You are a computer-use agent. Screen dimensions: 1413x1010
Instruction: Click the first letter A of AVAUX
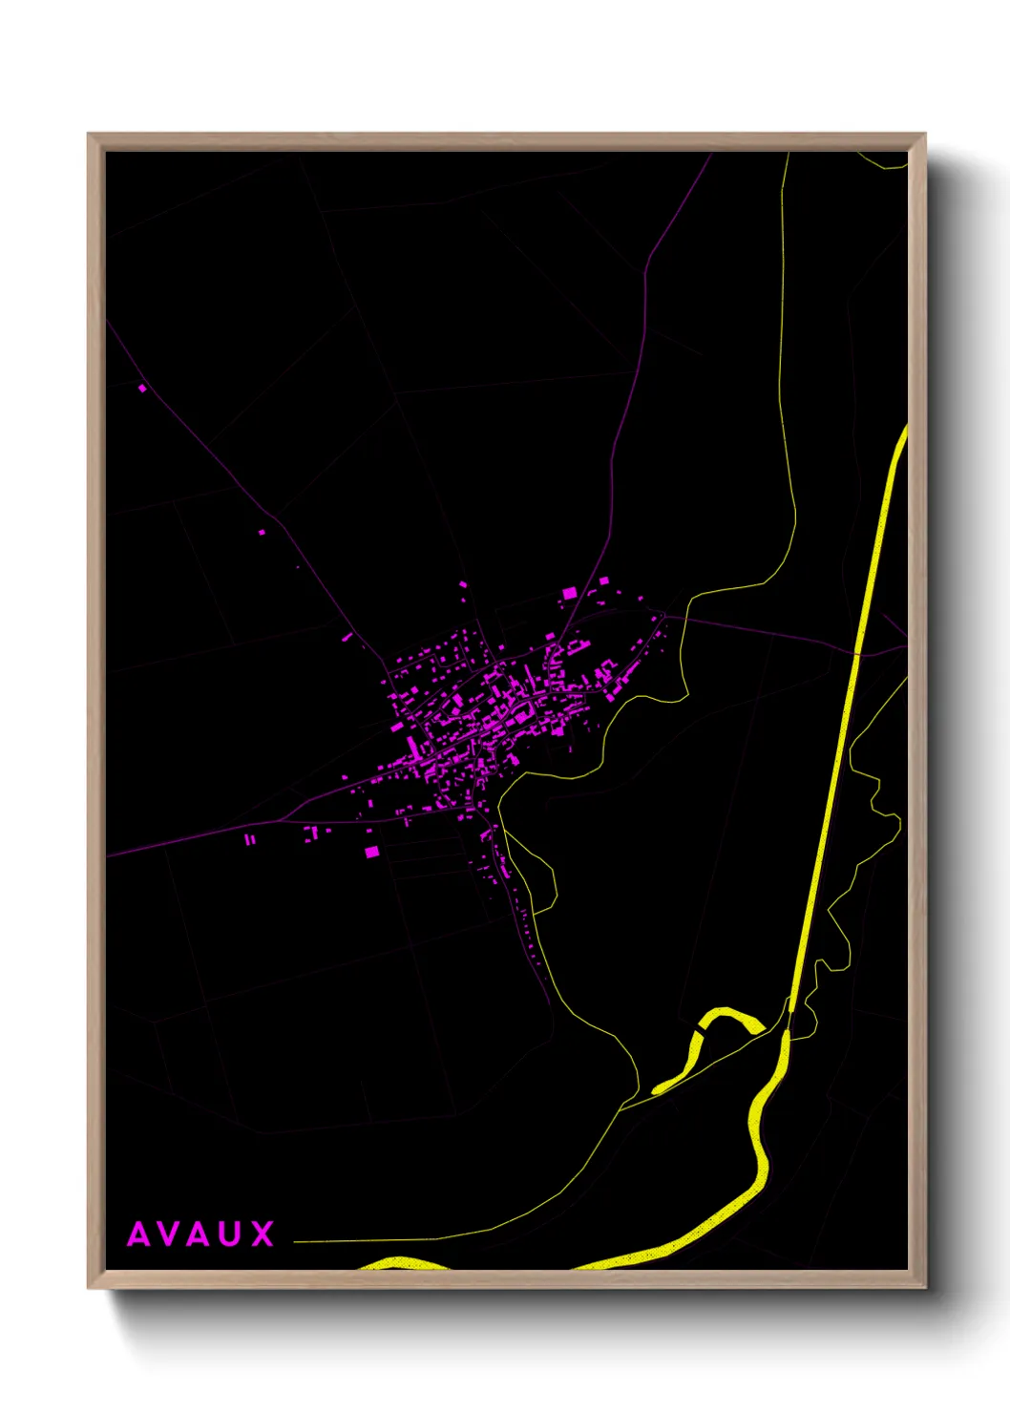pos(139,1234)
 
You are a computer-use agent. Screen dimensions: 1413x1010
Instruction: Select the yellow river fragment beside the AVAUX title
pos(401,1263)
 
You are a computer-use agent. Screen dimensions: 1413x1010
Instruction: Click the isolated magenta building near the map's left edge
pos(142,388)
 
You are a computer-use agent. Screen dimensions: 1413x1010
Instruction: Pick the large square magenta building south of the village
pos(371,851)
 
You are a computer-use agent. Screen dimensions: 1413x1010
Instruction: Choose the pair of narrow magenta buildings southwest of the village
pos(249,839)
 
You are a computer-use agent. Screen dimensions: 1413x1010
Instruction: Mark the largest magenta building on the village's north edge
pos(570,593)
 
